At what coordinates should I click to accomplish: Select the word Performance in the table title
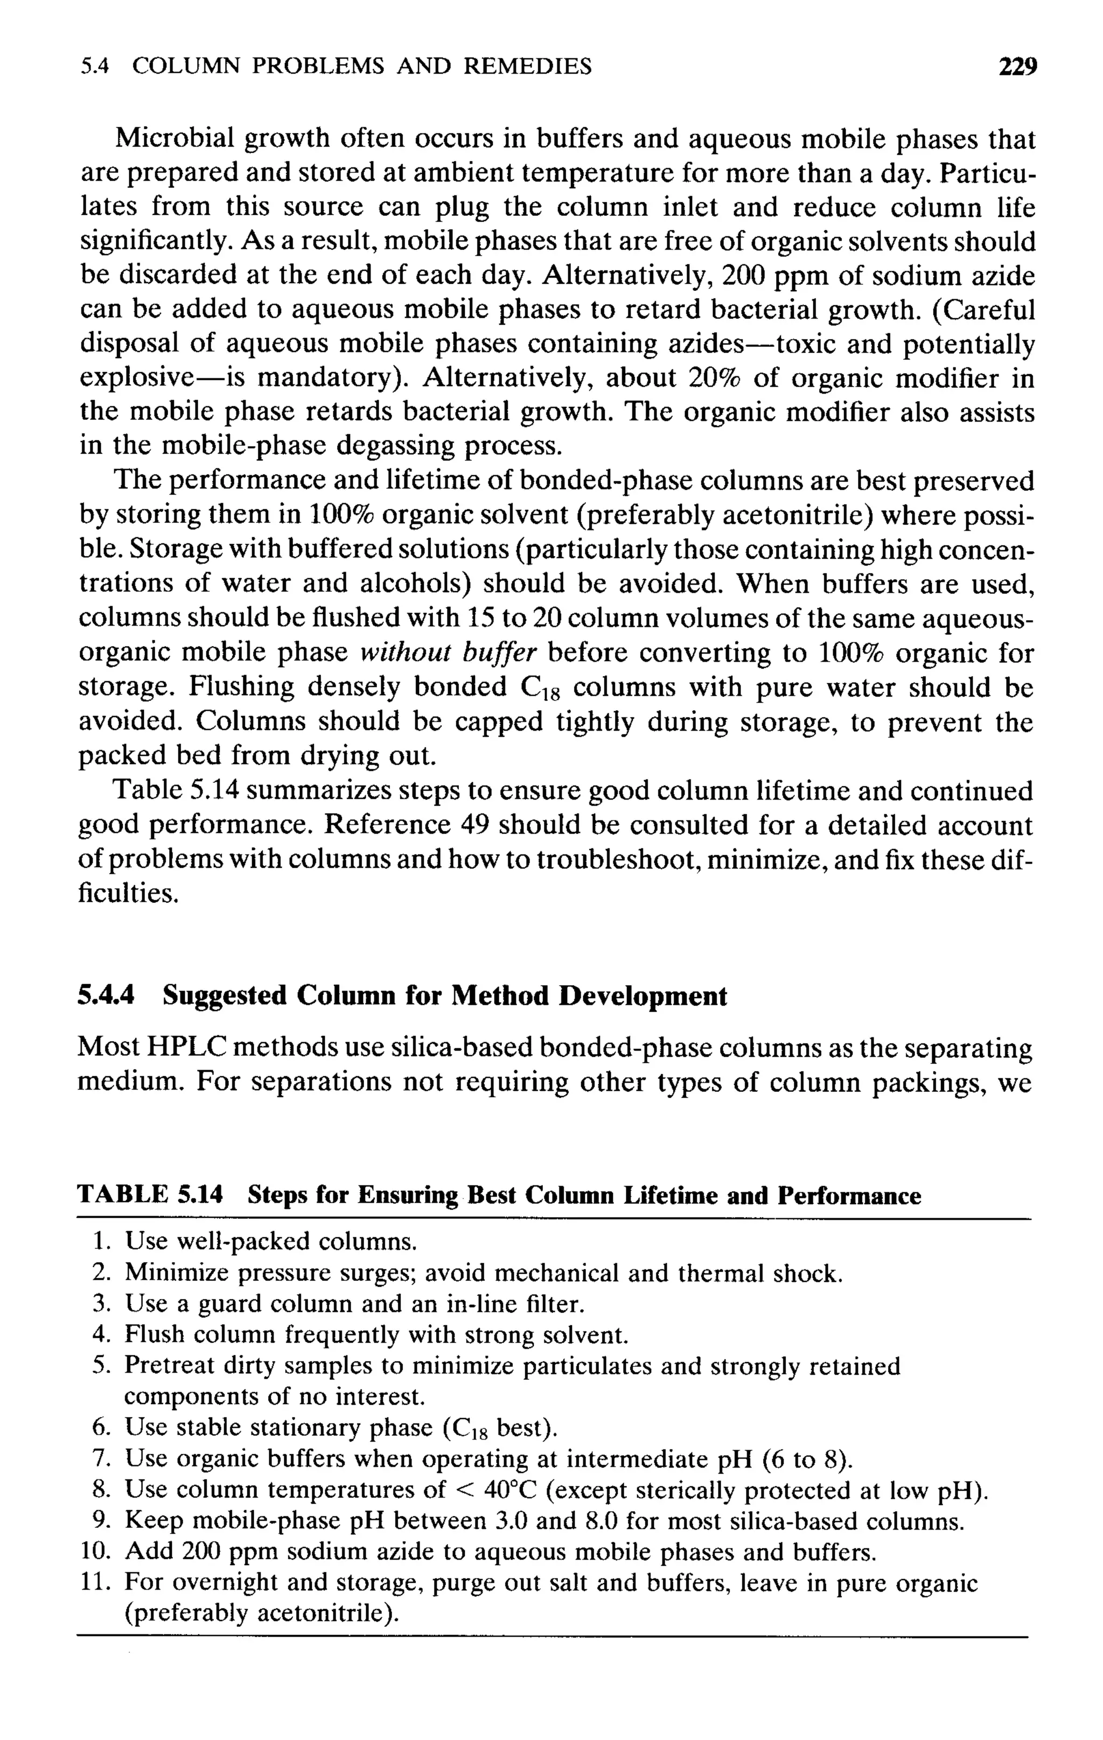[849, 1195]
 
